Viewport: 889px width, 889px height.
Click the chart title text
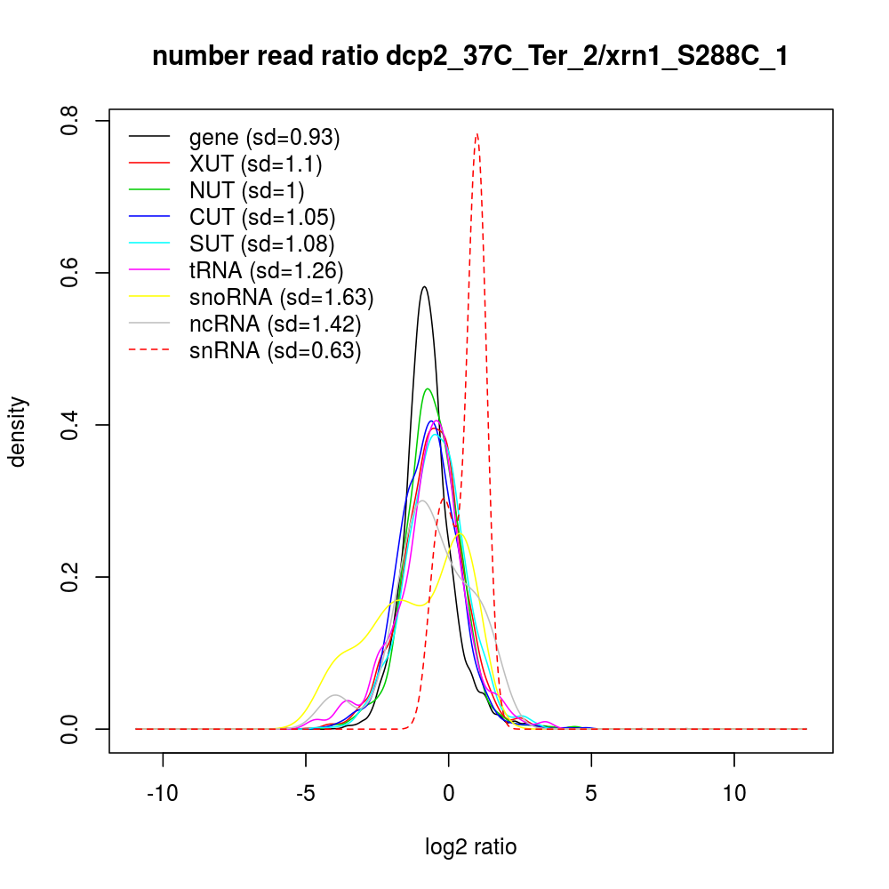click(470, 57)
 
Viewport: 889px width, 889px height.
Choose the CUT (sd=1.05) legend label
click(262, 217)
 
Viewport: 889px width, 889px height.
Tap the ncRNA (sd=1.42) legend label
click(275, 324)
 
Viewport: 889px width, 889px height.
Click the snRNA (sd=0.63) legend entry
click(275, 350)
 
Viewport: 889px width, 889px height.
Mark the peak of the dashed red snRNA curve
click(477, 134)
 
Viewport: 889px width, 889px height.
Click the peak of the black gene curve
click(425, 286)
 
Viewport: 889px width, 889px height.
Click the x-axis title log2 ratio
click(470, 847)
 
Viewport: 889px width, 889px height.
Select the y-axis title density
click(19, 431)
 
